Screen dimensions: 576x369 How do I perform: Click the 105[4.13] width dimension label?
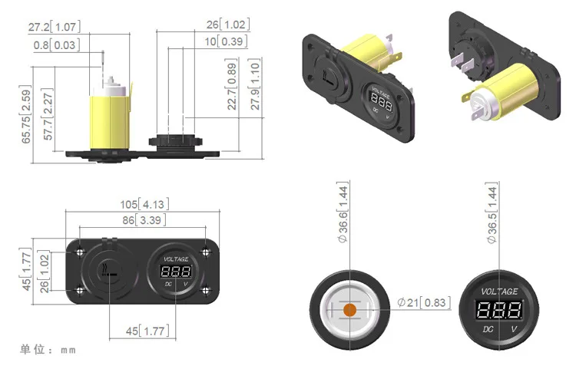coord(144,204)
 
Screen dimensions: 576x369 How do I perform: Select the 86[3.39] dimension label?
coord(144,220)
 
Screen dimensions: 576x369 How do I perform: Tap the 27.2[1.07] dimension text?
coord(55,26)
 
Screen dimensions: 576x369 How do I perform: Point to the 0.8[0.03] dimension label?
coord(57,45)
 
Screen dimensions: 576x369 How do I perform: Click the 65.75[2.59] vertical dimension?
coord(26,114)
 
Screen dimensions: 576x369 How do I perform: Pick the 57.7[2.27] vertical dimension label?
coord(48,114)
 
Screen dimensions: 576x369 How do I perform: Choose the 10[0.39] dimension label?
coord(226,41)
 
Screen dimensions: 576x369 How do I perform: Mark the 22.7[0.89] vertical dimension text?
coord(232,84)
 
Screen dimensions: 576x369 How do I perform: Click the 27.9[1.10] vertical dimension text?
coord(255,84)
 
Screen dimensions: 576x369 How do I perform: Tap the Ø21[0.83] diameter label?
coord(423,302)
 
